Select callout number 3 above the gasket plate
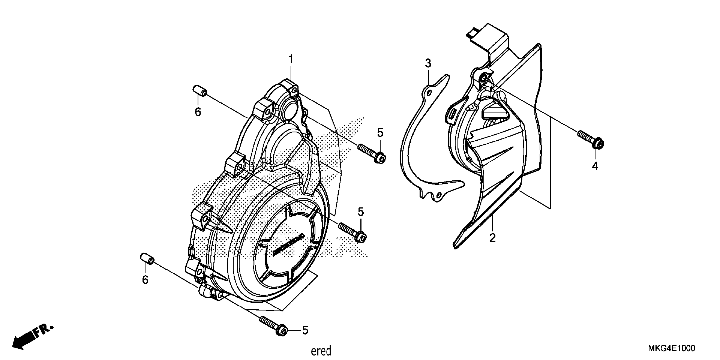428,64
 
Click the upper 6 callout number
198,112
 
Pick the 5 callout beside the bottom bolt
305,330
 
